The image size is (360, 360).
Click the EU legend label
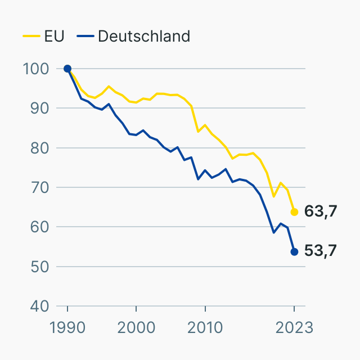pyautogui.click(x=55, y=36)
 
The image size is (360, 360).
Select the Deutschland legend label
pyautogui.click(x=144, y=36)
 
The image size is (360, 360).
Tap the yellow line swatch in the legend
pyautogui.click(x=31, y=36)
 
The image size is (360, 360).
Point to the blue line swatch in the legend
pyautogui.click(x=84, y=36)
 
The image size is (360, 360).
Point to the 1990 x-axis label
pyautogui.click(x=67, y=328)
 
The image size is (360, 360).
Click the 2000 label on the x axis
pyautogui.click(x=136, y=328)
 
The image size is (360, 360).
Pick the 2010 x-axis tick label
pyautogui.click(x=205, y=328)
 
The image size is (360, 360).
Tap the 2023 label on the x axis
pyautogui.click(x=294, y=328)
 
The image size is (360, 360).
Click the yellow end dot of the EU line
pyautogui.click(x=294, y=212)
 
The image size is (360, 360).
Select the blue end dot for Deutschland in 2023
pyautogui.click(x=294, y=251)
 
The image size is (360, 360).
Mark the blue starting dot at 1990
pyautogui.click(x=67, y=69)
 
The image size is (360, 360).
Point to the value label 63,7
pyautogui.click(x=321, y=211)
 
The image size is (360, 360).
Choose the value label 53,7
pyautogui.click(x=321, y=251)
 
